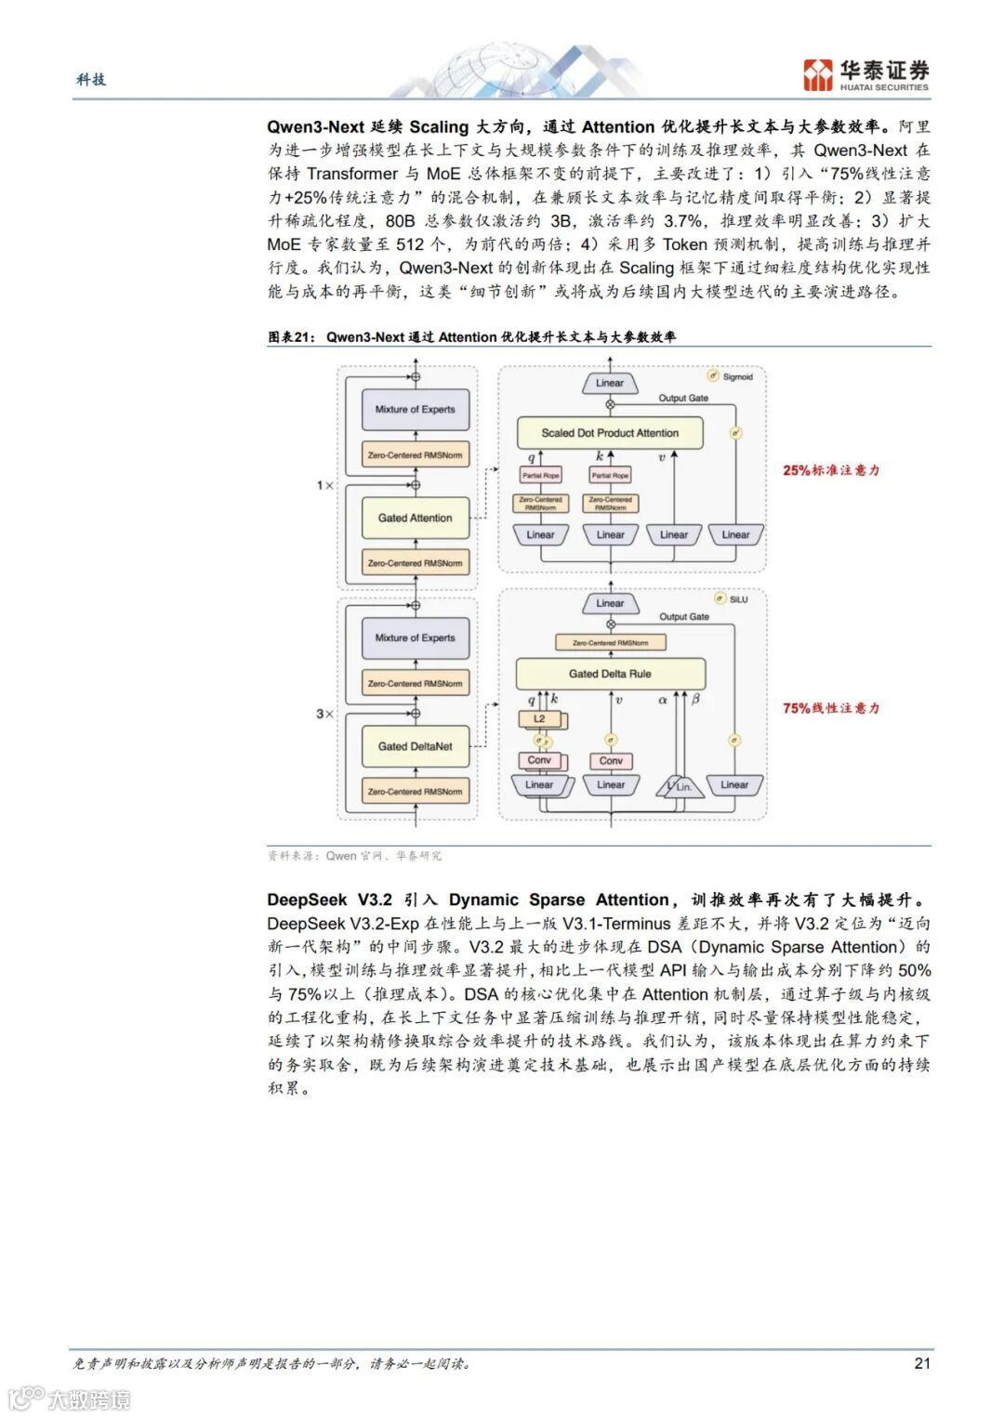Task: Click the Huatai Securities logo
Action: tap(865, 74)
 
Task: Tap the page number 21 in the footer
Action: tap(921, 1363)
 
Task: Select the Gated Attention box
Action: tap(415, 518)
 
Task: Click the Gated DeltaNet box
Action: tap(415, 746)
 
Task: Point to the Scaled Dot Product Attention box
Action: tap(610, 433)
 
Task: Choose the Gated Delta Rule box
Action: tap(610, 674)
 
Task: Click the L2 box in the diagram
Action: tap(539, 719)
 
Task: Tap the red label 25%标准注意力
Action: tap(830, 470)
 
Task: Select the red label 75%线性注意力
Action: tap(830, 708)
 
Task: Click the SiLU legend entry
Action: tap(733, 599)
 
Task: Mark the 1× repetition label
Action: tap(324, 485)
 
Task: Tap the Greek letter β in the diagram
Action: tap(695, 700)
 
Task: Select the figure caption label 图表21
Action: tap(292, 337)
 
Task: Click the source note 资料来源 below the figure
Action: tap(291, 856)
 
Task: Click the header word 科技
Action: tap(91, 80)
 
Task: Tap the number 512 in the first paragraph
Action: tap(410, 244)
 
